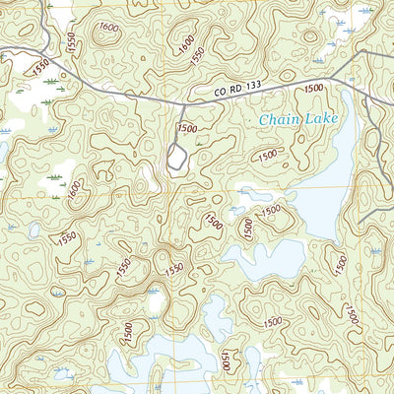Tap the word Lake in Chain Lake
coord(322,120)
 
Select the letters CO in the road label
coord(219,96)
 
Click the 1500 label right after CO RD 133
coord(314,89)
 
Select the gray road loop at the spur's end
coord(176,158)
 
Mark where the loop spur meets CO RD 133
coord(183,100)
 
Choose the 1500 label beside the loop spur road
coord(187,127)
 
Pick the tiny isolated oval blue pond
coord(34,230)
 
